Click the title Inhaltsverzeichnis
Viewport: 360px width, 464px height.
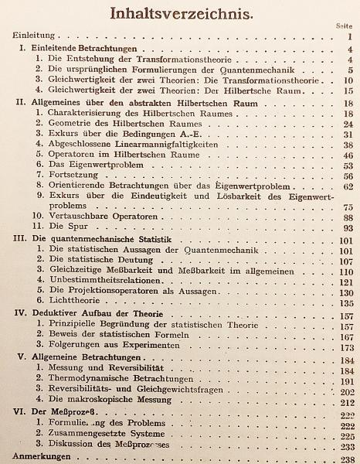[179, 13]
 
